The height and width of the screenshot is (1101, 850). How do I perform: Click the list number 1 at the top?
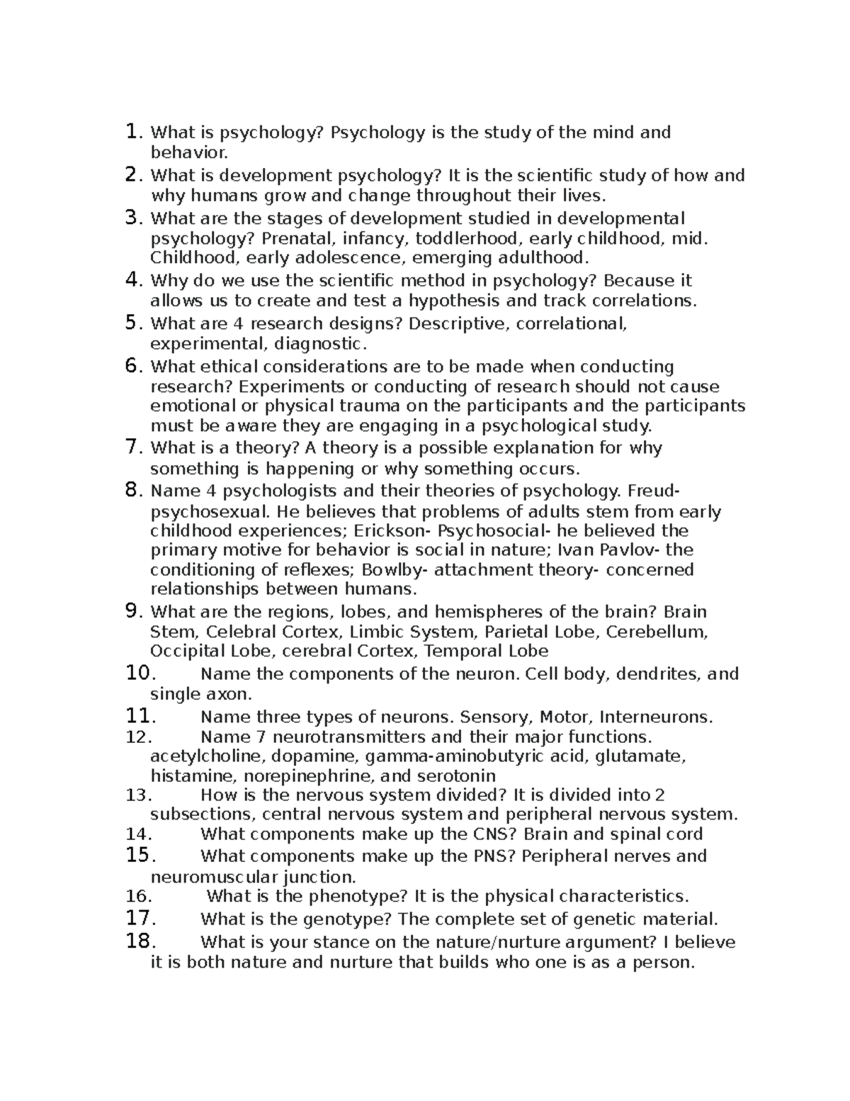click(132, 132)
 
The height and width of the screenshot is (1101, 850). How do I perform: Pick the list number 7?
click(132, 447)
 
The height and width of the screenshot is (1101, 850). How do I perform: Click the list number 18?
click(139, 941)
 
